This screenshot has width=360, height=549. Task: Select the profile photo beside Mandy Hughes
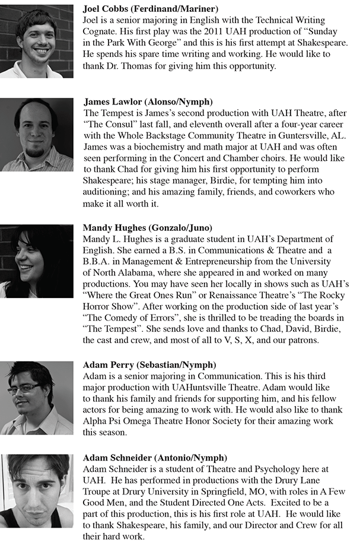(x=37, y=261)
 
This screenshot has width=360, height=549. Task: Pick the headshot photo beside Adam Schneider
(x=37, y=490)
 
